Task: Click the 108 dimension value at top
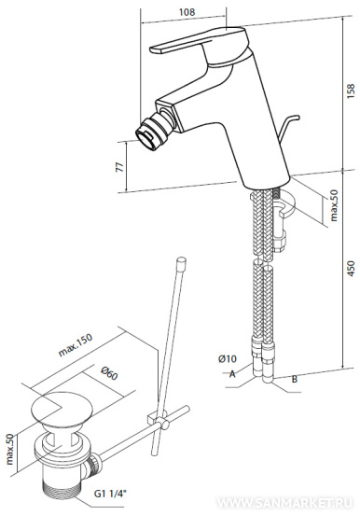point(187,12)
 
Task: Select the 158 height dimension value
point(351,91)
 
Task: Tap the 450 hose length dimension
point(351,268)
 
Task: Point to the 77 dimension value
point(120,167)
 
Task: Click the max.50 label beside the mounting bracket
point(334,205)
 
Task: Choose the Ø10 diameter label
point(227,358)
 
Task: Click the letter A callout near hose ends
point(232,374)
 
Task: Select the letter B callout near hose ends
point(295,379)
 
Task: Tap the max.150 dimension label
point(76,345)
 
